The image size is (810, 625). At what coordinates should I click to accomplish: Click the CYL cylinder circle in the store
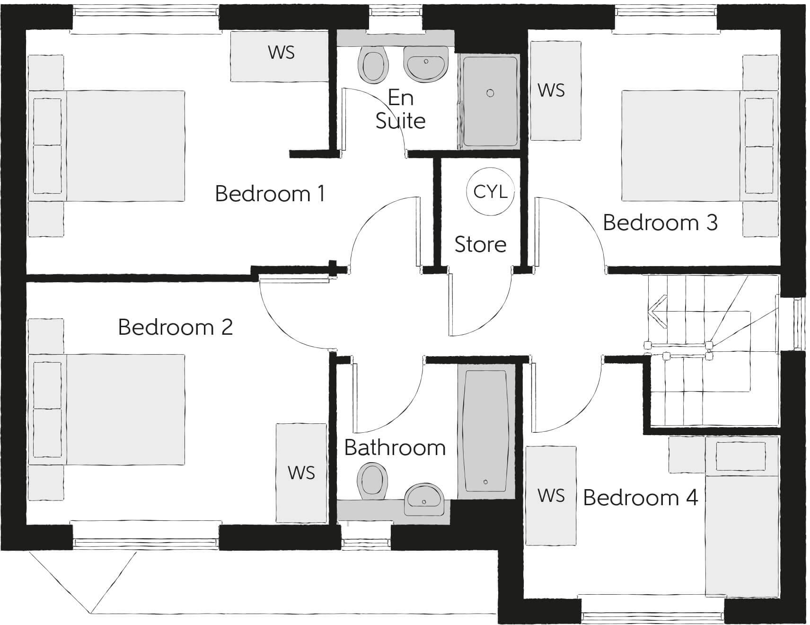(x=490, y=192)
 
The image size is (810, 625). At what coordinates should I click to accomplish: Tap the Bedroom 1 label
(x=270, y=194)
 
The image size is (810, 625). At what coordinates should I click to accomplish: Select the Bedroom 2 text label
(x=176, y=327)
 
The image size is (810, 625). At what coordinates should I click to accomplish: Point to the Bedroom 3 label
(x=660, y=223)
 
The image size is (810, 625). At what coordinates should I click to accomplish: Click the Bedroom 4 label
(x=641, y=498)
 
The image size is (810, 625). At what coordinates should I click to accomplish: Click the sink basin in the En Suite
(x=425, y=63)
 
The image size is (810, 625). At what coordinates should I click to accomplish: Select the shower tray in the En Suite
(x=490, y=101)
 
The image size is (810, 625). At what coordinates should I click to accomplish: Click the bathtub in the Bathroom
(x=486, y=431)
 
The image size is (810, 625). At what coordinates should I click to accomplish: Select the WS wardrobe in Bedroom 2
(x=301, y=473)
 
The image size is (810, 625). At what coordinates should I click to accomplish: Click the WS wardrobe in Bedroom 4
(x=551, y=496)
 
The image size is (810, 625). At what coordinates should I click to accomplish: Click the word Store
(x=480, y=245)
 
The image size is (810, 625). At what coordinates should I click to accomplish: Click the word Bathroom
(x=395, y=448)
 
